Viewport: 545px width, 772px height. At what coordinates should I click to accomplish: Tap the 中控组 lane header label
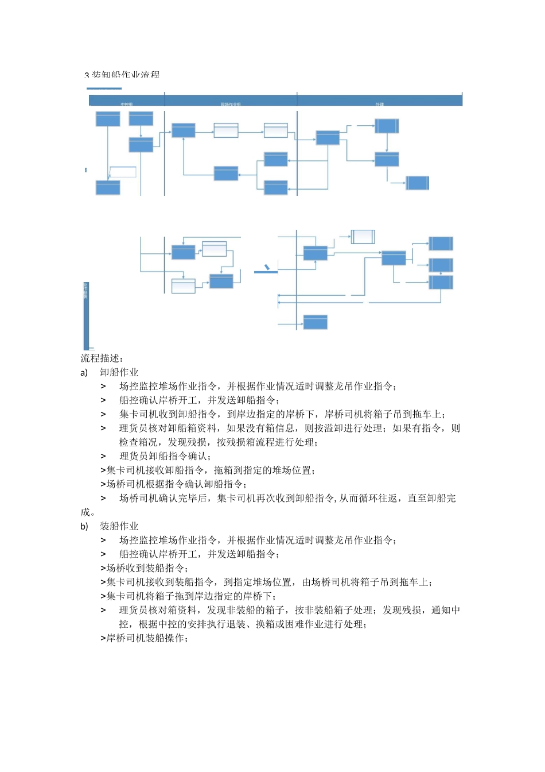[x=127, y=104]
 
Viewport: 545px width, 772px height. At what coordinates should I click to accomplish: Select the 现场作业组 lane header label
[x=231, y=104]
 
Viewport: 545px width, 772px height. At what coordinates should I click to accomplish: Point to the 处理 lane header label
[x=379, y=104]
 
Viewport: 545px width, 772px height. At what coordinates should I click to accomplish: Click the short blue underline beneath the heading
[x=104, y=88]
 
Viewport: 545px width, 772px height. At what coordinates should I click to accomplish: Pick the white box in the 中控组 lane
[x=123, y=172]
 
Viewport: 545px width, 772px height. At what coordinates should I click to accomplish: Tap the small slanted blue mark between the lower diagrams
[x=267, y=268]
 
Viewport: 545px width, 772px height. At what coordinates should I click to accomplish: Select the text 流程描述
[x=102, y=358]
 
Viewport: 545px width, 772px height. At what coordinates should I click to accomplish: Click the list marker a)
[x=84, y=372]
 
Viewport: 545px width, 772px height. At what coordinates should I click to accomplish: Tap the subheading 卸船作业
[x=119, y=372]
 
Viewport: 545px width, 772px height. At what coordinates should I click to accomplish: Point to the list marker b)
[x=84, y=526]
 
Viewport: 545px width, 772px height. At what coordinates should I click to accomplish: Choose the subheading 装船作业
[x=119, y=526]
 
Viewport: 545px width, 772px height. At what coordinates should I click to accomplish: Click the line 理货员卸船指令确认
[x=165, y=456]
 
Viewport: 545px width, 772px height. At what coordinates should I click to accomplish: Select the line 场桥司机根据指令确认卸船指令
[x=177, y=484]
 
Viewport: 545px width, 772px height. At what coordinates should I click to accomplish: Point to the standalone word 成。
[x=88, y=512]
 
